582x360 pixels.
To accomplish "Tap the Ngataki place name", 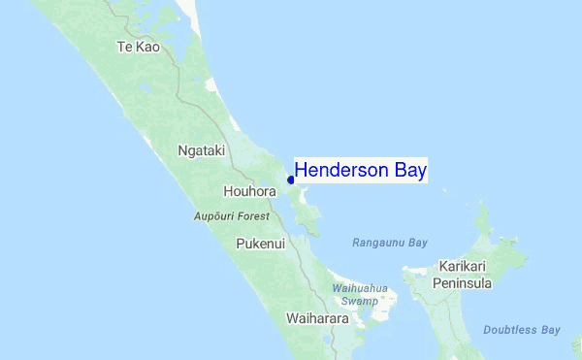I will (x=202, y=150).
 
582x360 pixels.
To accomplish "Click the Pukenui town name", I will (x=260, y=244).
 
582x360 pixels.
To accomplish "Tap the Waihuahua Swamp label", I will (x=360, y=295).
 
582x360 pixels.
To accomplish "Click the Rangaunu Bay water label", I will (x=389, y=242).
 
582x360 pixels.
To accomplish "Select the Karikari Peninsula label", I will (x=465, y=275).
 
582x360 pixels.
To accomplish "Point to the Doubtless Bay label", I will (x=522, y=330).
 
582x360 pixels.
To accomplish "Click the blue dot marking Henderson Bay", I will (x=291, y=180).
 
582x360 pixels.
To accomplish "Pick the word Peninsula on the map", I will (x=465, y=283).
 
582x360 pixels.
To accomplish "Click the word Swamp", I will (x=360, y=302).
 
